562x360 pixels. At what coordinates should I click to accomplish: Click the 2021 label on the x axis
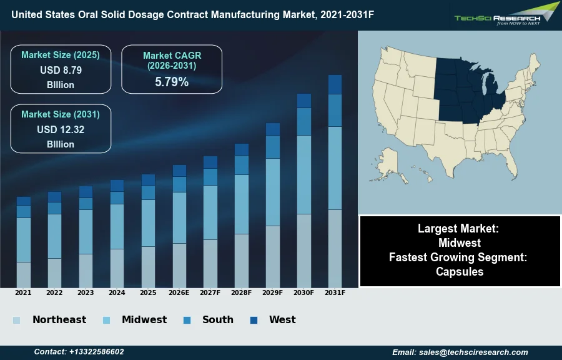click(x=23, y=292)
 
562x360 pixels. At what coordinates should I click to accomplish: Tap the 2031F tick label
click(x=335, y=292)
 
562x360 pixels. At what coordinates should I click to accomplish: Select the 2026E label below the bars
click(x=179, y=292)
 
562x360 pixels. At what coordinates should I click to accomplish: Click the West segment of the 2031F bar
click(x=335, y=84)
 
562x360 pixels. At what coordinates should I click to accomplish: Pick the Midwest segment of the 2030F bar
click(x=304, y=174)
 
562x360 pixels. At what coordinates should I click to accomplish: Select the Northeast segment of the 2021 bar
click(x=24, y=274)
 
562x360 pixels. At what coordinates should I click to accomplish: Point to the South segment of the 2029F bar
click(x=273, y=147)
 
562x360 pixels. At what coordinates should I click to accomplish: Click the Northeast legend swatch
click(x=16, y=321)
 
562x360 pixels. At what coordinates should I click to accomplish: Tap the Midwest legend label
click(x=144, y=320)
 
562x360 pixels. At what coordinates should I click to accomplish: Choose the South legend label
click(x=218, y=320)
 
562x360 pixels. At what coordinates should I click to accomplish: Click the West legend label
click(x=282, y=320)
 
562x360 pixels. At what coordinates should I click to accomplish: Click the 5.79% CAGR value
click(x=172, y=82)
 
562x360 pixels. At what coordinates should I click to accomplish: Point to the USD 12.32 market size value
click(x=61, y=130)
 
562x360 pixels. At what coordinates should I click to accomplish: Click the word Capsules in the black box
click(x=460, y=271)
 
